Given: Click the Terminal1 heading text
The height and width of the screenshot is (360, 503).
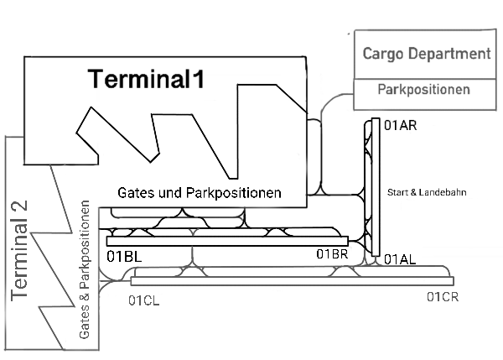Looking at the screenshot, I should click(147, 80).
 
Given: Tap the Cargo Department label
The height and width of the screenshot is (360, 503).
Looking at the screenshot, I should click(426, 55).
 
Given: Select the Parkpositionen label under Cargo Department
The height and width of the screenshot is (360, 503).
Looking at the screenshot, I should click(423, 89).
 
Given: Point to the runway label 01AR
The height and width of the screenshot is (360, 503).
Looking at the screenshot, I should click(400, 126).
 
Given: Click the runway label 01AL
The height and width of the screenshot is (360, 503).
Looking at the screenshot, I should click(400, 261).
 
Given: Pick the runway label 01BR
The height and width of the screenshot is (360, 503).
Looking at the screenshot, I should click(332, 254).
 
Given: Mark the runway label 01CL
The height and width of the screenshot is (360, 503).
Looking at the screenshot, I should click(144, 299).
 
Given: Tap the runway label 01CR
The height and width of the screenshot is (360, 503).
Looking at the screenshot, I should click(442, 296).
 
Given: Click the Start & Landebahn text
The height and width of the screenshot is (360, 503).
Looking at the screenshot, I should click(426, 193).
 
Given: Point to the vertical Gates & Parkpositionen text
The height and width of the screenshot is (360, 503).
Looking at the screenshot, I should click(85, 269).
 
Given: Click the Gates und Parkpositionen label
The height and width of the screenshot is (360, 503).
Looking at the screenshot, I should click(199, 193).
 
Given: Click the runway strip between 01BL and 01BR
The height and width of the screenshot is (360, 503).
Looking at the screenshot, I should click(226, 241).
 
